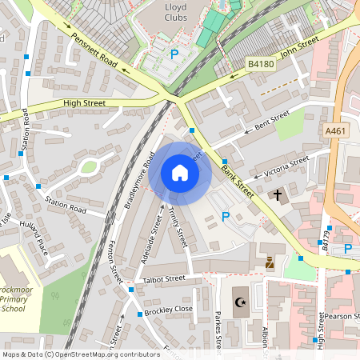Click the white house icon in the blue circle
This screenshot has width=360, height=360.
tap(180, 173)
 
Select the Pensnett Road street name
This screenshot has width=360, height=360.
tap(94, 51)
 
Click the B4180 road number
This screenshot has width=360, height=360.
tap(261, 63)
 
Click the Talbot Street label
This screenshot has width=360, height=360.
tap(163, 278)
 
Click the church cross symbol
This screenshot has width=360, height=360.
tap(278, 194)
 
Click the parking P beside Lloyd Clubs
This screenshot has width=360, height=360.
tap(174, 54)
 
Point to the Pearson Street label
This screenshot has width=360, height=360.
tap(340, 316)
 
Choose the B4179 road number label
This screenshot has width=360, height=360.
tap(325, 242)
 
